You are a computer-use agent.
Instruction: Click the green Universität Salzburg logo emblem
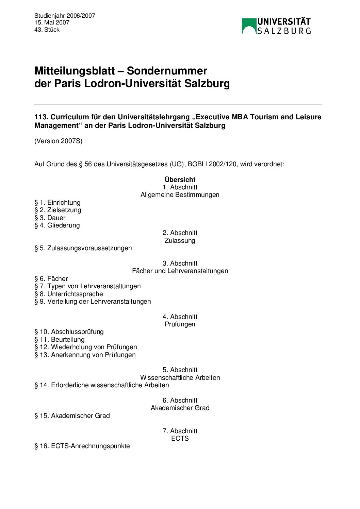point(249,26)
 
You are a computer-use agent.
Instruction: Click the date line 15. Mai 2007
point(52,22)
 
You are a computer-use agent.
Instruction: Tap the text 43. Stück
point(47,30)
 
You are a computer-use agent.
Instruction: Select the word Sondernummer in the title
point(167,71)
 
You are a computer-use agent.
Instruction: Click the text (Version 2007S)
point(58,141)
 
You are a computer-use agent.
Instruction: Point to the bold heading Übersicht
point(180,180)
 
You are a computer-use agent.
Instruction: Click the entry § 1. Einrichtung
point(58,202)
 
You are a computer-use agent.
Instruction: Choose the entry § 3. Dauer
point(50,218)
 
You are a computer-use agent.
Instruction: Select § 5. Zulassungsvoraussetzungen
point(83,248)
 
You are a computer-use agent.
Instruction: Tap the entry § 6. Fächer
point(51,278)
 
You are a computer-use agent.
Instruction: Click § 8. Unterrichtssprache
point(69,294)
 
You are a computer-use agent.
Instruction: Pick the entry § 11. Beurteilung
point(60,339)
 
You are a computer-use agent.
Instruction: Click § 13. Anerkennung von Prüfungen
point(85,355)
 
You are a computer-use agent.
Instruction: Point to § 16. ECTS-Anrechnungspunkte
point(82,446)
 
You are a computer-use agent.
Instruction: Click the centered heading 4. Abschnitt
point(180,317)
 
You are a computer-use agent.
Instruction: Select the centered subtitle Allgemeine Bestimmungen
point(180,194)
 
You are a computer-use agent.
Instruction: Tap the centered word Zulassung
point(180,240)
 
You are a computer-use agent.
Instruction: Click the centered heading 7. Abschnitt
point(180,431)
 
